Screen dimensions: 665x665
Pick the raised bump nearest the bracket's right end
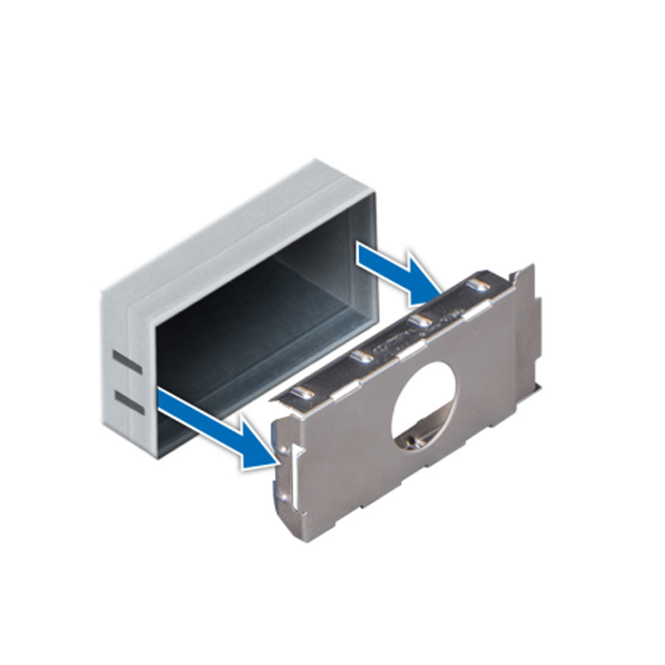476,284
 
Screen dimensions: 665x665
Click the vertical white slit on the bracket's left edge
295,477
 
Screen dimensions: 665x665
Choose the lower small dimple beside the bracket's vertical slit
284,494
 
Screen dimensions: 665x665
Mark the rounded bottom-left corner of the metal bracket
294,523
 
